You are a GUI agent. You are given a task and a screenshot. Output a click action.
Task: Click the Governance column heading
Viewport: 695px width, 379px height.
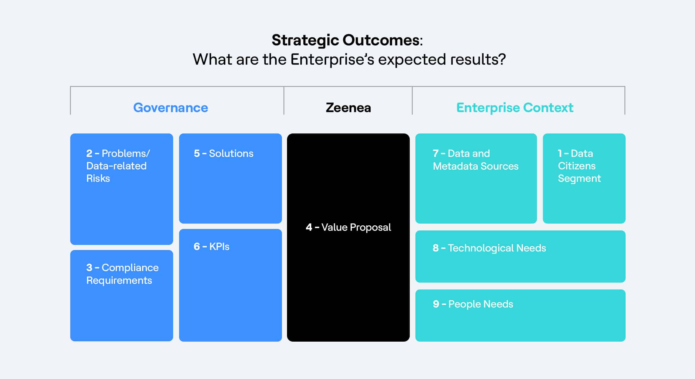(x=170, y=108)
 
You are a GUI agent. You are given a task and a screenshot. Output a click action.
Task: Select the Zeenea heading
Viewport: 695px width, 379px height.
(x=348, y=108)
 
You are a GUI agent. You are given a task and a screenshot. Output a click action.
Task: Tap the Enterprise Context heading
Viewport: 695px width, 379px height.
(x=515, y=108)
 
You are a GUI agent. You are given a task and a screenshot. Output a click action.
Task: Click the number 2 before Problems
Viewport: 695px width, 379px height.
(x=89, y=153)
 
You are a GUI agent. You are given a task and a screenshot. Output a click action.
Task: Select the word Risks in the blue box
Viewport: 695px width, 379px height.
(x=98, y=179)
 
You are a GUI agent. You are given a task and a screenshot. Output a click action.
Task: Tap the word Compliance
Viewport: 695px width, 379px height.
(x=130, y=268)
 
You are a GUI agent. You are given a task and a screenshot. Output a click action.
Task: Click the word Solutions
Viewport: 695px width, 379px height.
(x=231, y=153)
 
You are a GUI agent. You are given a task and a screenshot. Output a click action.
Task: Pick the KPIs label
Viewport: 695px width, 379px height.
(x=219, y=246)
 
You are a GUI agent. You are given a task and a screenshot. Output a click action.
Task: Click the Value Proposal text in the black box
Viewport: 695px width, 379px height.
(x=356, y=227)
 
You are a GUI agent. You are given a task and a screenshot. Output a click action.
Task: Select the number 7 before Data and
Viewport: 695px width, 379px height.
(x=436, y=153)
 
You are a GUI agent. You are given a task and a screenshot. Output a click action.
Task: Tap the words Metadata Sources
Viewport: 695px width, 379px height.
(x=476, y=166)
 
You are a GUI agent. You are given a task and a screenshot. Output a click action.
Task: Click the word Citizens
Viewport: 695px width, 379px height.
(x=577, y=166)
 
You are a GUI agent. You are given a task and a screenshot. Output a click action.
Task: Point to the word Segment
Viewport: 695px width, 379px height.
(x=579, y=179)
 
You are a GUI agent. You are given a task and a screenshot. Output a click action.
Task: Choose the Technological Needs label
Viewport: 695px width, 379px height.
(x=497, y=248)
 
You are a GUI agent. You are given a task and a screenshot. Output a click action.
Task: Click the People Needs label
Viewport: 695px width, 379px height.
(x=481, y=304)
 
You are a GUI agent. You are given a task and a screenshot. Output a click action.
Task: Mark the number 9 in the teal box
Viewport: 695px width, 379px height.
(x=436, y=304)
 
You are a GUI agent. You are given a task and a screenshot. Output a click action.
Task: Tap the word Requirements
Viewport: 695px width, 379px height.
(x=119, y=281)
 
